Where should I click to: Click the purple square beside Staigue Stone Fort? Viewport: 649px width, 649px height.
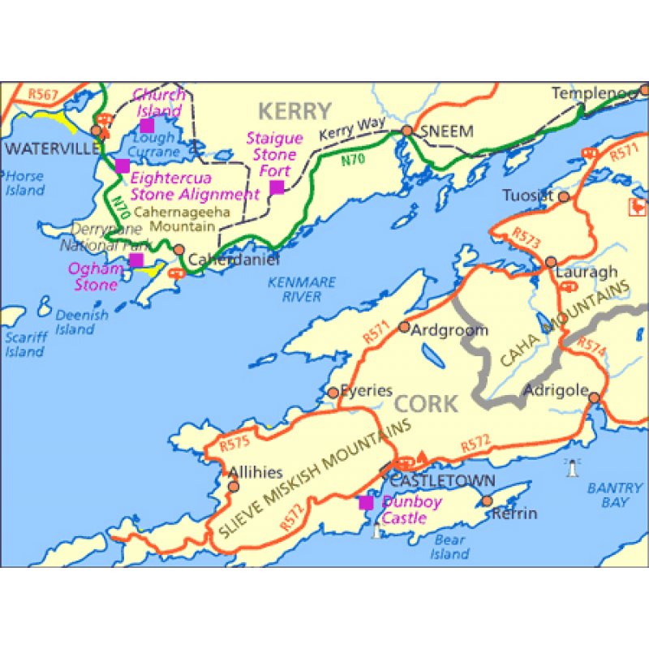pos(277,187)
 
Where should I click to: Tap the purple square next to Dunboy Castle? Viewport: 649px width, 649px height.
pos(367,503)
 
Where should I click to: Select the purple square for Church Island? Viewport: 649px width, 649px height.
pos(147,125)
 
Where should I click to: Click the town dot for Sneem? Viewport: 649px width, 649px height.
pos(407,131)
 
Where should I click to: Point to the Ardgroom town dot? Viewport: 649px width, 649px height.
pos(404,327)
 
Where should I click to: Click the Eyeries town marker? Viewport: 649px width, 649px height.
pos(333,393)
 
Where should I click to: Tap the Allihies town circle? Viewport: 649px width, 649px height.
pos(234,487)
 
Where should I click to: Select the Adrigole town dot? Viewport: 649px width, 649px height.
pos(594,398)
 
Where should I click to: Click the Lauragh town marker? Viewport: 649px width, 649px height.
pos(551,262)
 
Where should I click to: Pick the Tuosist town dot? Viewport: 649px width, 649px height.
pos(564,196)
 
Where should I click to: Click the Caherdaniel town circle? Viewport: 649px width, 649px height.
pos(179,251)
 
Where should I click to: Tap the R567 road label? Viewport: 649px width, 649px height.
pos(42,95)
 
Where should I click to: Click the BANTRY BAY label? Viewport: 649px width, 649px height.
pos(608,495)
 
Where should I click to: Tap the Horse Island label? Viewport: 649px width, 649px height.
pos(24,183)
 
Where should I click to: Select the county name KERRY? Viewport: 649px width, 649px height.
pos(294,111)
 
